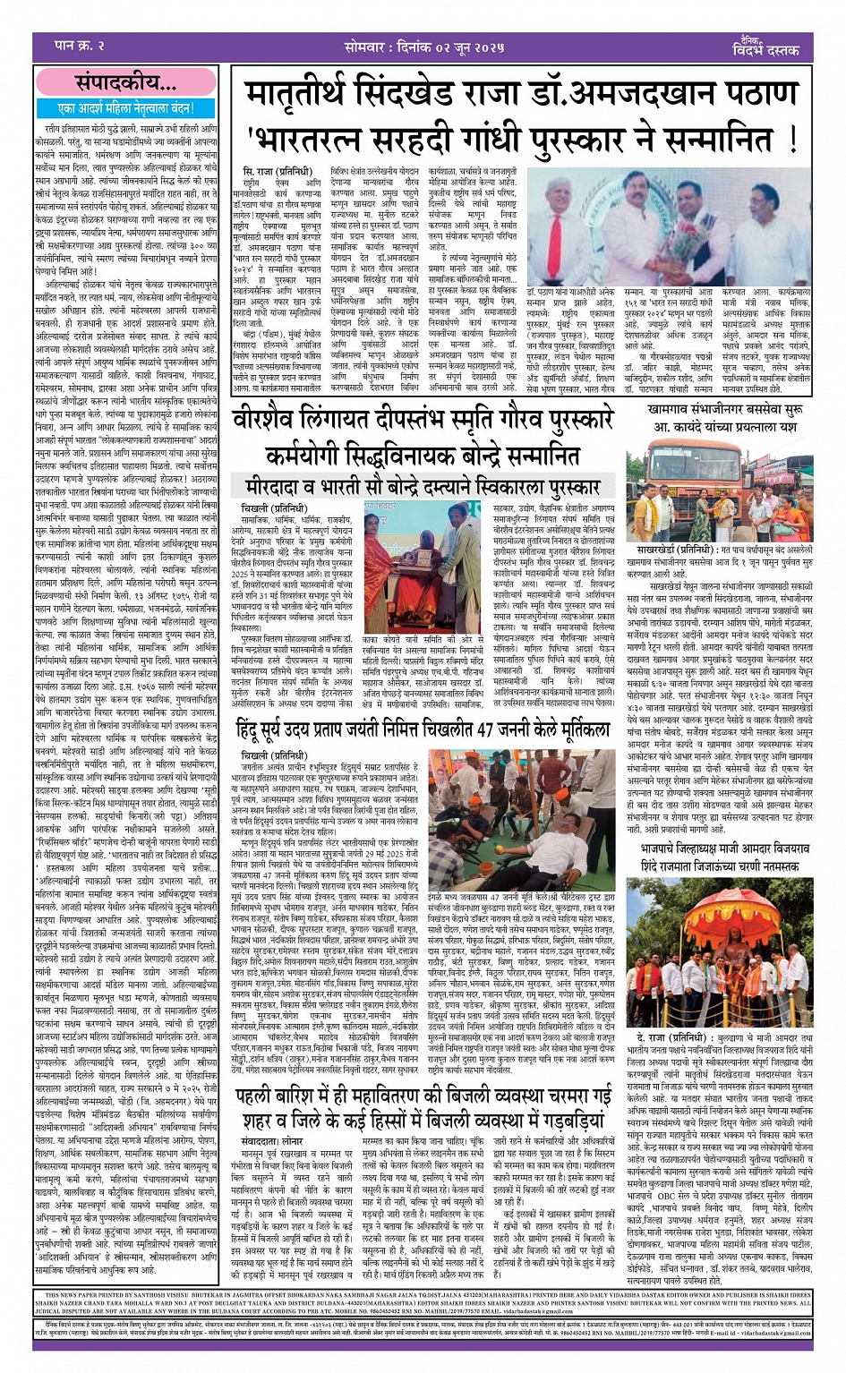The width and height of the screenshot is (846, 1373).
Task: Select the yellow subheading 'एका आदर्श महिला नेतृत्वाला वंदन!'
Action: (x=124, y=108)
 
